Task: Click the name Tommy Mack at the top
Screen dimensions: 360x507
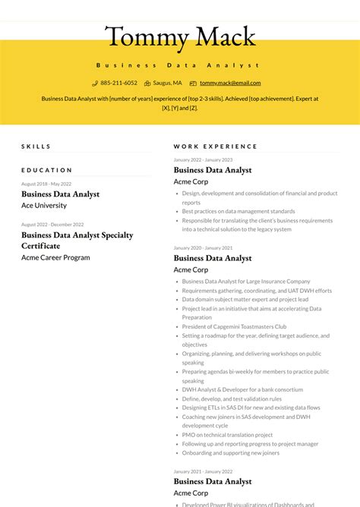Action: [180, 36]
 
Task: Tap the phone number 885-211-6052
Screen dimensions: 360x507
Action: [118, 83]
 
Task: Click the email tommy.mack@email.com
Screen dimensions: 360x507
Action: [230, 83]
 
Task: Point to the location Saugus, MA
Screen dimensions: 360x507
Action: [167, 83]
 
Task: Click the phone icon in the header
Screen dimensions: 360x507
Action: [95, 83]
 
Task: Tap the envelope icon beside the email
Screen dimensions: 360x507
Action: [193, 83]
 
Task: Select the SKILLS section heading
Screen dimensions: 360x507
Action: [36, 146]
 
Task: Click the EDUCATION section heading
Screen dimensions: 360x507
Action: [47, 170]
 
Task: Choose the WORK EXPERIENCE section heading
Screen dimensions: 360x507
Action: [216, 146]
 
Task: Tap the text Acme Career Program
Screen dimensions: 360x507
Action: [55, 257]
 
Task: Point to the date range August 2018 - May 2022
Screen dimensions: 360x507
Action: [46, 184]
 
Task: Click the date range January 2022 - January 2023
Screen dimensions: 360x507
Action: [203, 159]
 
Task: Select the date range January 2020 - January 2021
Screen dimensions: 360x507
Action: [203, 247]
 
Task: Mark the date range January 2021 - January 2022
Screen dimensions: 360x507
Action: [203, 471]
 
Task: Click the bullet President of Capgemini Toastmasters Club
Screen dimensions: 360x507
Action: [234, 326]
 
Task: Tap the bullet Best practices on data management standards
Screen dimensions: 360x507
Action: [238, 211]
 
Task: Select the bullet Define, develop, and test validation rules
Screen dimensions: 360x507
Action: [232, 398]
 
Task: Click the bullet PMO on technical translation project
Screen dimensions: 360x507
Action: [227, 435]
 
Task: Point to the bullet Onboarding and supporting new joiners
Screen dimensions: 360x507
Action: [230, 453]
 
